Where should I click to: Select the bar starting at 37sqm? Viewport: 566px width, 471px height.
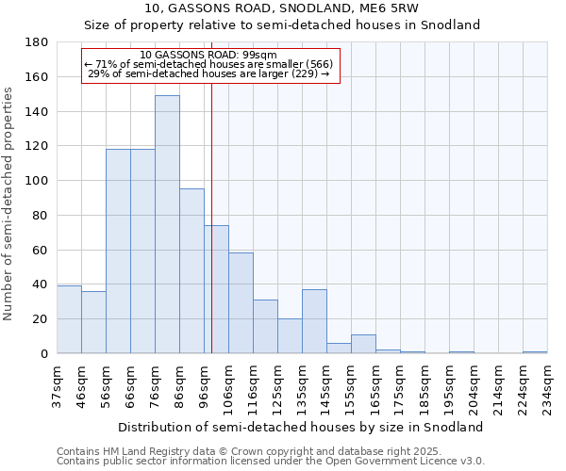[69, 319]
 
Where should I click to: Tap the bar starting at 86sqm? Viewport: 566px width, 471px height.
[191, 271]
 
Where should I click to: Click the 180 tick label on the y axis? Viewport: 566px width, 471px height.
[38, 42]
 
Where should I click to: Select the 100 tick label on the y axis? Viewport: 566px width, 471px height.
[38, 181]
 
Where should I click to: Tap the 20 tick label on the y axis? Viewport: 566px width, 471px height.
[42, 319]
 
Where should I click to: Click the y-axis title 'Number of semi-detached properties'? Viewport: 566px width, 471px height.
[9, 203]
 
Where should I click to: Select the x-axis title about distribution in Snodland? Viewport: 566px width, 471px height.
[302, 427]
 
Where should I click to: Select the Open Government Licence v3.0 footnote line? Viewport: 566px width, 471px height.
[271, 462]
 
